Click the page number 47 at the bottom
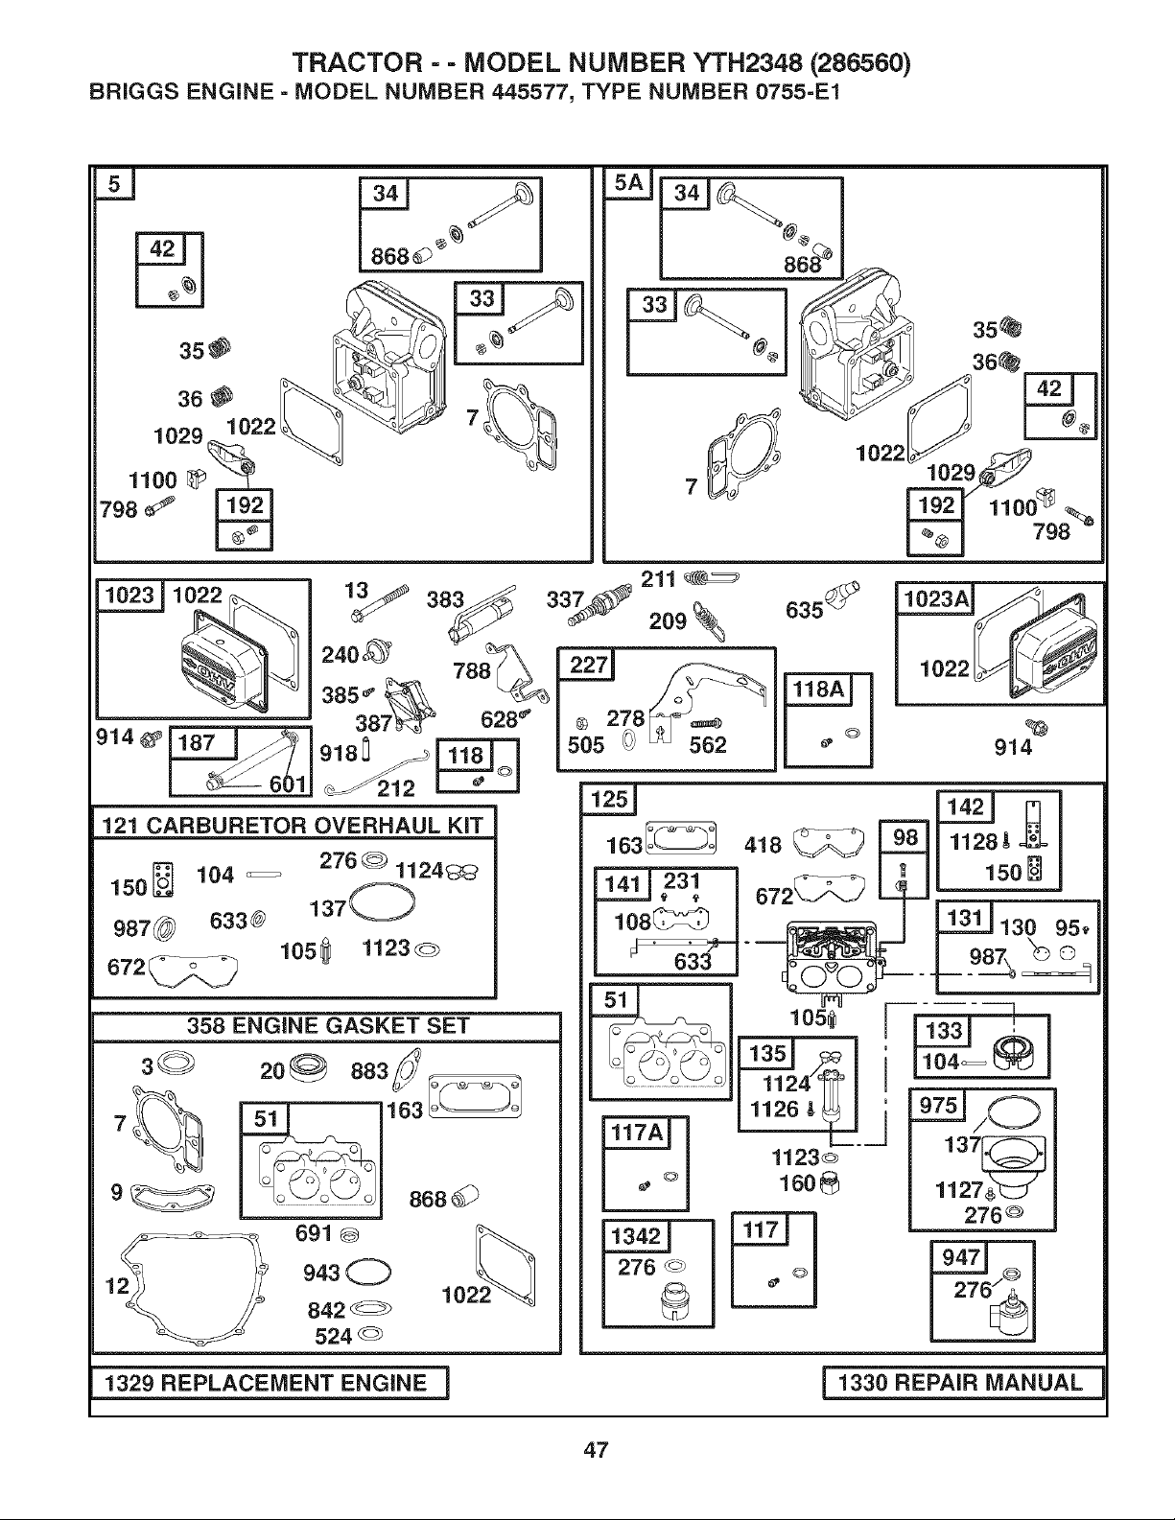[596, 1449]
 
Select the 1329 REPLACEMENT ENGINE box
[270, 1383]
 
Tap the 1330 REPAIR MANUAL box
[963, 1383]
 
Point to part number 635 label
[804, 610]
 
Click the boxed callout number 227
[586, 665]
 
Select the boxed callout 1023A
[935, 599]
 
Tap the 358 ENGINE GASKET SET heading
[328, 1026]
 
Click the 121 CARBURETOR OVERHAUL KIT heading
[294, 826]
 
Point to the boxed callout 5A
[628, 184]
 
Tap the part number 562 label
[708, 745]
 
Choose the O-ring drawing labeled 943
[368, 1273]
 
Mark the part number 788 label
[471, 671]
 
